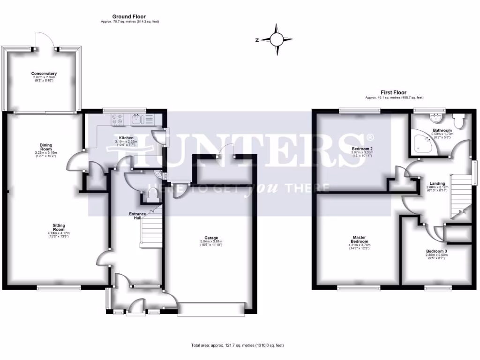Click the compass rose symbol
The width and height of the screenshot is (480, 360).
tap(277, 40)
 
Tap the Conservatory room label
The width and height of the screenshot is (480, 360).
tap(44, 74)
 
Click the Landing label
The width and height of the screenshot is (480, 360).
tap(437, 183)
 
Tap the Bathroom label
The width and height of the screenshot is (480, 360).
tap(442, 130)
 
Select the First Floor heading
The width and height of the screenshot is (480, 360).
tap(394, 93)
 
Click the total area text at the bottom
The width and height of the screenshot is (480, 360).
tap(238, 345)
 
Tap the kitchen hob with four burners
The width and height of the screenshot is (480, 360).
tap(117, 120)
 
